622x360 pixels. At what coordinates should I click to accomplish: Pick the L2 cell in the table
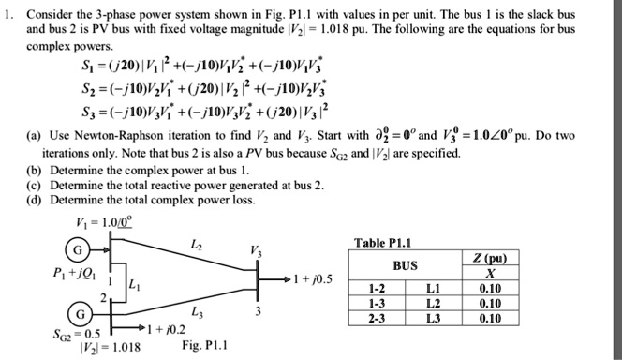(486, 304)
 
